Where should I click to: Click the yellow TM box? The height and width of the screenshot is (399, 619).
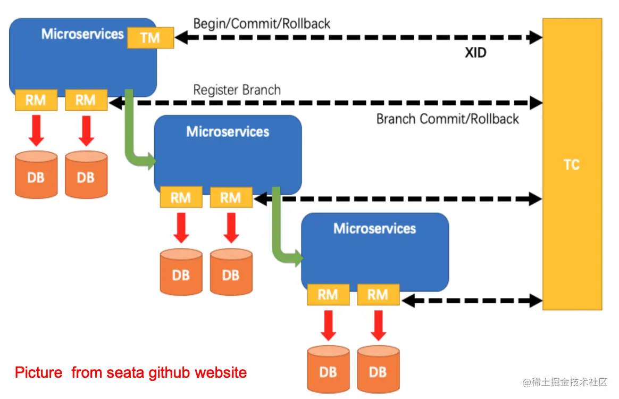click(150, 38)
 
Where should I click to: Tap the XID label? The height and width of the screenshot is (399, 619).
click(475, 53)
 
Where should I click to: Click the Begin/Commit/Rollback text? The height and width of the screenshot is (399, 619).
click(262, 24)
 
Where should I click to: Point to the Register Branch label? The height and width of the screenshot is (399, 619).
click(237, 90)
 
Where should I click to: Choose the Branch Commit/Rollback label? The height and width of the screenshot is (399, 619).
click(447, 119)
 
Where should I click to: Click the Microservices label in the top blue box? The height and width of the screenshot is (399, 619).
click(82, 34)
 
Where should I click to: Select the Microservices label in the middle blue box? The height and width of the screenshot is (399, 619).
click(228, 132)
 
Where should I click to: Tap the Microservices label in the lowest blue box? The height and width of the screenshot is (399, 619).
click(374, 229)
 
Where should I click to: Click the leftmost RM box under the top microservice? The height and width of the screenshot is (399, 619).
click(36, 100)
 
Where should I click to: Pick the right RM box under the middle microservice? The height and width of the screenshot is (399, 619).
click(231, 198)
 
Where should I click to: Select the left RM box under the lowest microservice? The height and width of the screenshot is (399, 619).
click(328, 295)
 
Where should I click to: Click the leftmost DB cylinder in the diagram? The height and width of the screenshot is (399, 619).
click(36, 175)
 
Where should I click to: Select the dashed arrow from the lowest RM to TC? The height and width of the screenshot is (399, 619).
click(471, 301)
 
